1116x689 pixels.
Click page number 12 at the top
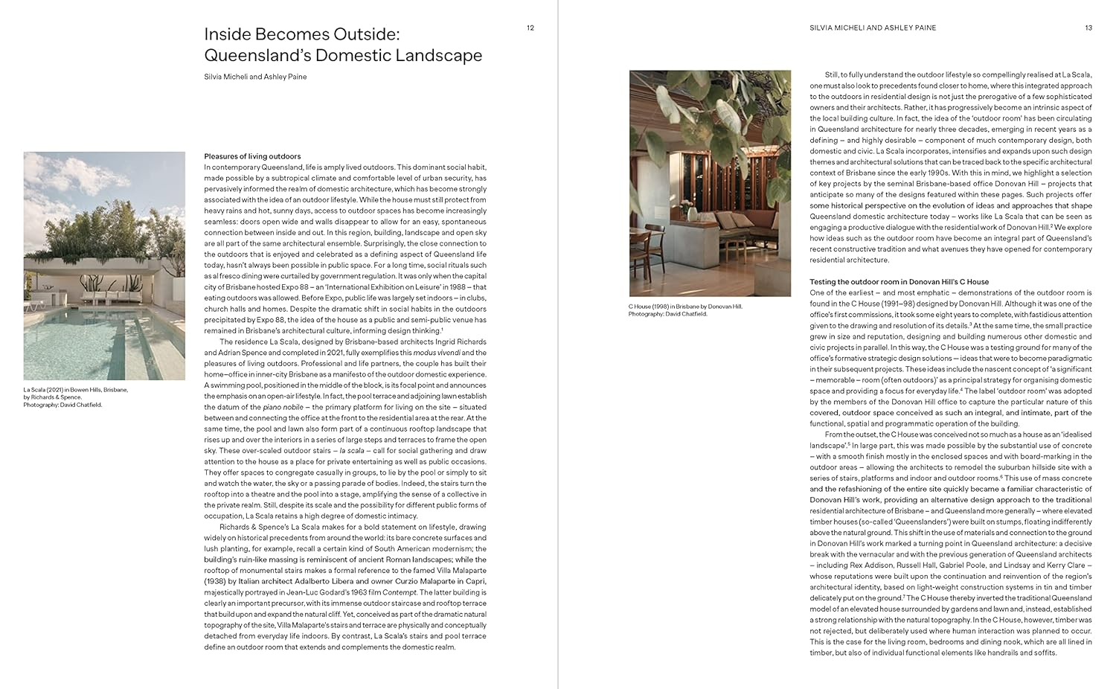click(530, 28)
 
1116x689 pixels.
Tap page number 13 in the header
click(1088, 28)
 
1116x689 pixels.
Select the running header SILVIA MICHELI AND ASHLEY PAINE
click(873, 28)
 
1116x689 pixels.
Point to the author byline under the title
click(255, 77)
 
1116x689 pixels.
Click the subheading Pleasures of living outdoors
click(252, 156)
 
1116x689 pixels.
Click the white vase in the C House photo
click(692, 215)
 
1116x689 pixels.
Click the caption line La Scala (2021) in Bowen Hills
click(75, 390)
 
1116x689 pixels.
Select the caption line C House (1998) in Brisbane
click(685, 307)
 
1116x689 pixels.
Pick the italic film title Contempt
click(400, 592)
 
